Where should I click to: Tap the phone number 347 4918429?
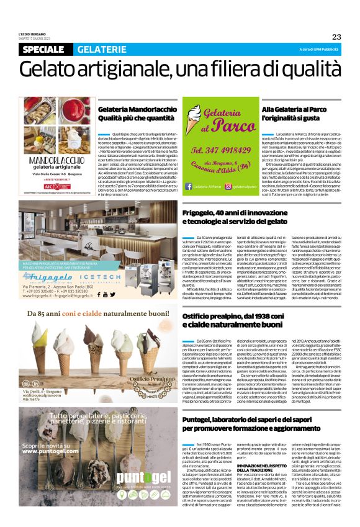click(x=221, y=151)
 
